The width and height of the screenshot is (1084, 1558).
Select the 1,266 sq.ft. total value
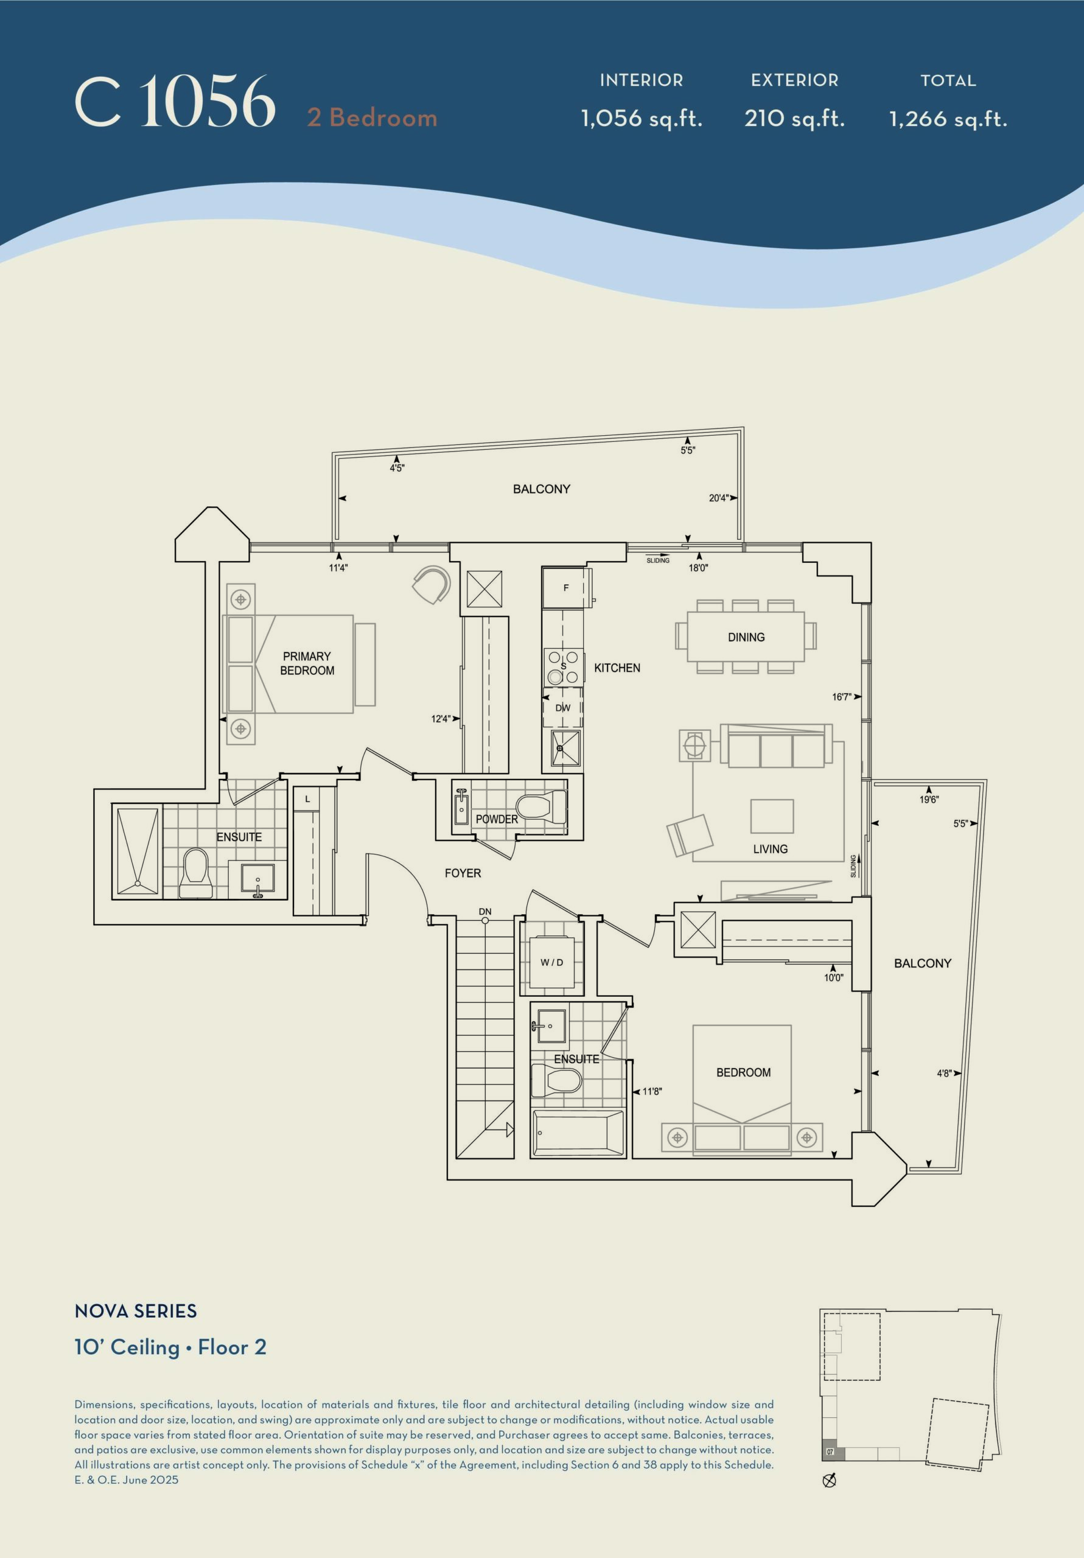point(948,119)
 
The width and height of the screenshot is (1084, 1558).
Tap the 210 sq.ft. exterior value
point(794,119)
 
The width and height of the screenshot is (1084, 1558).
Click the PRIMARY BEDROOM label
point(307,663)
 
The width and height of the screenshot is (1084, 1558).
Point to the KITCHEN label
point(617,668)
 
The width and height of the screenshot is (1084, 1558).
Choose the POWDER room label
point(497,819)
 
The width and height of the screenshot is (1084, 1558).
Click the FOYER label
point(463,873)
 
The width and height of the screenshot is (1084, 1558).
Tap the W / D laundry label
point(551,962)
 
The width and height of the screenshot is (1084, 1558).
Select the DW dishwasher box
point(563,708)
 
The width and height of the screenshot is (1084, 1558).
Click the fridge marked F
point(567,588)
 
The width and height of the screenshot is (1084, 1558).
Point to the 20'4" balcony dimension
point(719,498)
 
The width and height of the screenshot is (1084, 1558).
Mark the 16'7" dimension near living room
point(842,697)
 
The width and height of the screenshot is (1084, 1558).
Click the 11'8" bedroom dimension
point(652,1092)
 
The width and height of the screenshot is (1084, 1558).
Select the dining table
point(746,637)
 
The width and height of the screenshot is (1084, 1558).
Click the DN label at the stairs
point(484,911)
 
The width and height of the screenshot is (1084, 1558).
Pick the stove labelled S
point(564,667)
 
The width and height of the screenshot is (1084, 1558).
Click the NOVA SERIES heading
point(136,1311)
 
